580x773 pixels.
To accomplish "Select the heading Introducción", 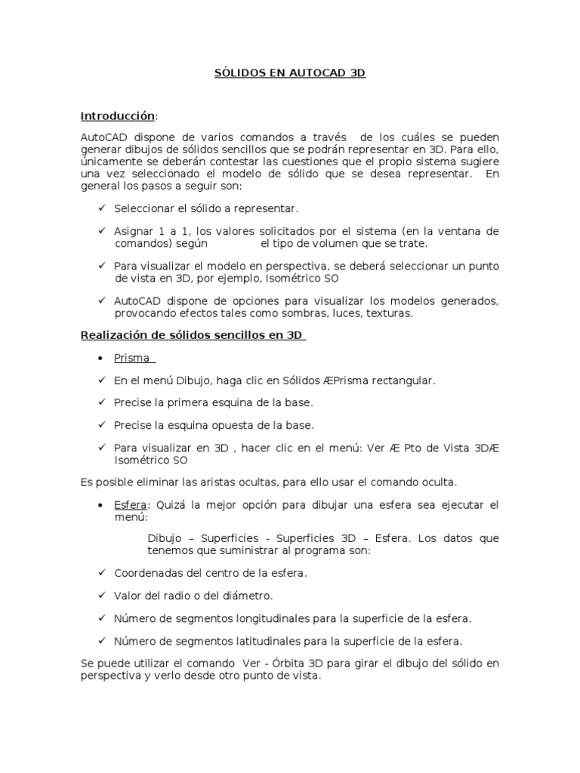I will coord(118,116).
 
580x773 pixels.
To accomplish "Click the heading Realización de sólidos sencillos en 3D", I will coord(193,335).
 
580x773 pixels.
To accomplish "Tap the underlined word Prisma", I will coord(131,358).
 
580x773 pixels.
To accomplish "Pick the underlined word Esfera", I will coord(130,505).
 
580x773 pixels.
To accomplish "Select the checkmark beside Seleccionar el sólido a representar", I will coord(101,208).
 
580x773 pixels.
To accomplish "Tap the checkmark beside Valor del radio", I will coord(101,596).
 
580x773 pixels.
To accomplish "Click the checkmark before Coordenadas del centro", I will coord(101,574).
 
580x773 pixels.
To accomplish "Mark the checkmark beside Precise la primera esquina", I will coord(101,403).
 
